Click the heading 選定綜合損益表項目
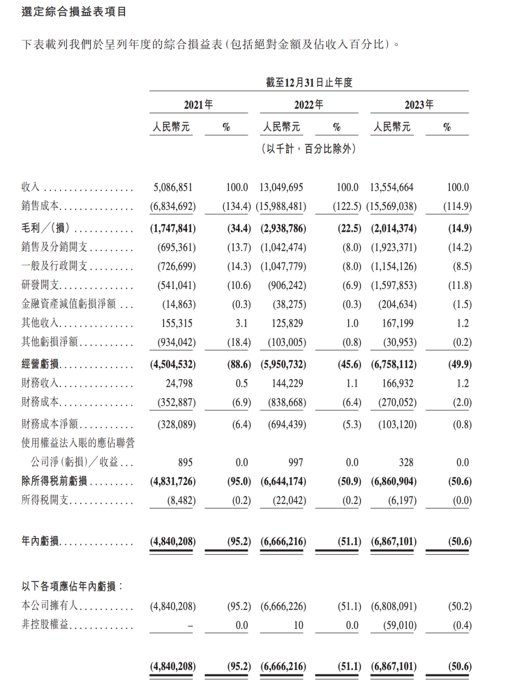click(x=74, y=11)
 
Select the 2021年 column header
click(x=198, y=104)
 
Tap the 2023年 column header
click(x=419, y=104)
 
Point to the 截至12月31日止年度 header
click(x=309, y=82)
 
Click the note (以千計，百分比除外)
click(x=309, y=149)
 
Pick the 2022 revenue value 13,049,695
click(x=281, y=187)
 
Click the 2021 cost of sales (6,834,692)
click(x=173, y=206)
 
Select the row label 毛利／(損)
click(x=45, y=228)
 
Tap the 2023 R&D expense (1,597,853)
click(x=394, y=285)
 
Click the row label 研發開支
click(x=40, y=285)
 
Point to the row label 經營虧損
click(x=40, y=364)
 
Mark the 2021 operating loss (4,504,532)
click(x=173, y=364)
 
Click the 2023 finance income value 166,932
click(x=398, y=383)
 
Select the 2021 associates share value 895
click(x=185, y=463)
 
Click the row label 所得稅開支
click(x=45, y=500)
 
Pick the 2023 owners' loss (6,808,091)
click(x=394, y=607)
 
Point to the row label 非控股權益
click(x=45, y=625)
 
